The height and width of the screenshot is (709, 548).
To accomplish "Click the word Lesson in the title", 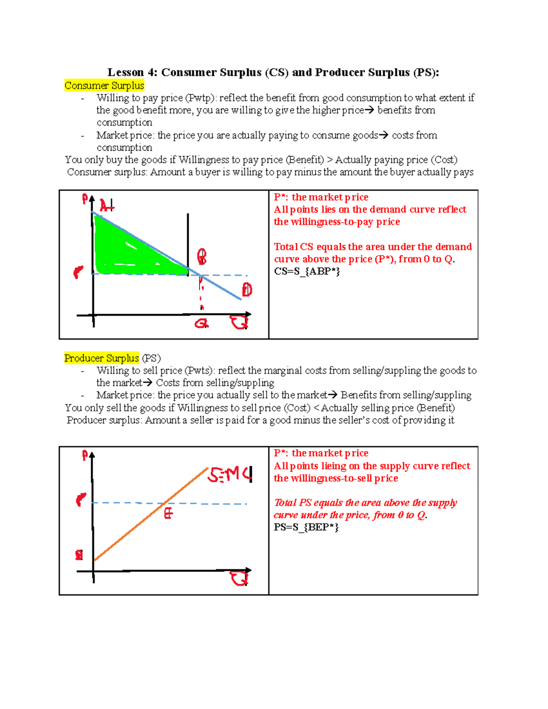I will [x=126, y=73].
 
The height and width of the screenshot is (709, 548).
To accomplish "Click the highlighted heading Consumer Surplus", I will [x=104, y=86].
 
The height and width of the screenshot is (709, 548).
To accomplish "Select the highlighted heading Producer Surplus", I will [x=101, y=358].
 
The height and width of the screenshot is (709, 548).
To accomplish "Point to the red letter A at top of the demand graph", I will [x=106, y=206].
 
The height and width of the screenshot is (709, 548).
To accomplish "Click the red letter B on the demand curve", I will [x=201, y=257].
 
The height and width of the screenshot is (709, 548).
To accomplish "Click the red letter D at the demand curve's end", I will [x=247, y=289].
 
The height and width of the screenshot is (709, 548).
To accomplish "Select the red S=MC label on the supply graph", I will [x=230, y=475].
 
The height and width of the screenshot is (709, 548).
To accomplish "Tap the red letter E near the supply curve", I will [x=169, y=514].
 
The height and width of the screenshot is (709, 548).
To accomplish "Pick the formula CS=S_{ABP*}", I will [x=307, y=272].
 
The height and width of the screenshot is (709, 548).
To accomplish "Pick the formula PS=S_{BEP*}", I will [x=306, y=527].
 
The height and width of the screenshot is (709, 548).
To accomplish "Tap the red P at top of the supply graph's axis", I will [x=85, y=455].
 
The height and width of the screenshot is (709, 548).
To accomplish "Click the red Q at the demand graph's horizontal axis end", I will [x=239, y=323].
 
